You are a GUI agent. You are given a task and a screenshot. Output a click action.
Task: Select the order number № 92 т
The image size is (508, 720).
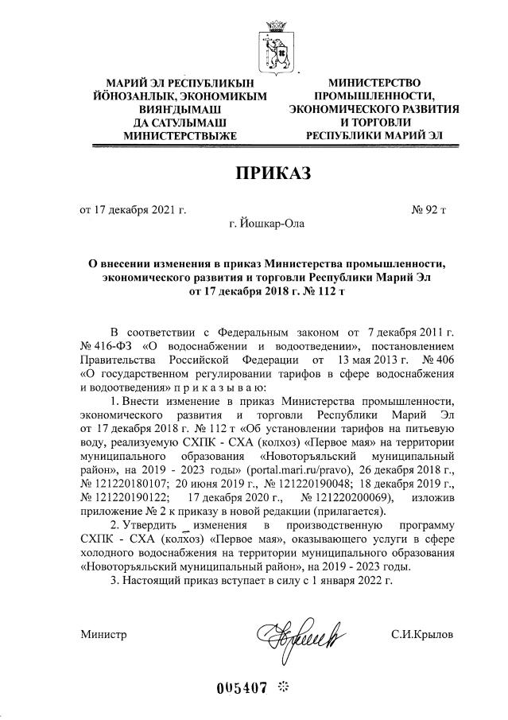pyautogui.click(x=429, y=210)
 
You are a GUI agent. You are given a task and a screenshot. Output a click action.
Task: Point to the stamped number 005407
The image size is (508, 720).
pyautogui.click(x=242, y=687)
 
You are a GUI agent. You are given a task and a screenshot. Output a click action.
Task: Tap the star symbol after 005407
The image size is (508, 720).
pyautogui.click(x=281, y=687)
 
